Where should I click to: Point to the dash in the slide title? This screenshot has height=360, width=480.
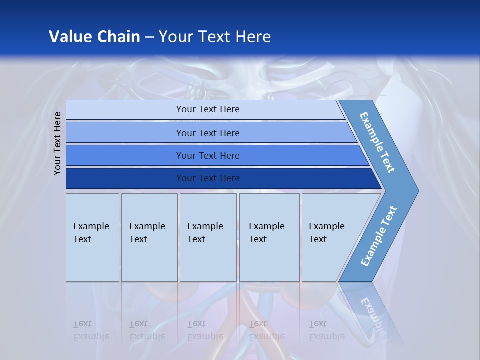coord(149,37)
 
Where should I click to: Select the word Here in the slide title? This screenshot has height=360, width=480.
coord(253,37)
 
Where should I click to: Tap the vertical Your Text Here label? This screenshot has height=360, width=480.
coord(57,143)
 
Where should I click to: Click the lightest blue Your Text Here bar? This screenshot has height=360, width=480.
coord(207,109)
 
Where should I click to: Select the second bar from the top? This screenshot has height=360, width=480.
coord(207,133)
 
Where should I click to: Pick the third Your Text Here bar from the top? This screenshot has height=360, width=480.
coord(207,155)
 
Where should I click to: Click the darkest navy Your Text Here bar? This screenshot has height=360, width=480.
coord(207,178)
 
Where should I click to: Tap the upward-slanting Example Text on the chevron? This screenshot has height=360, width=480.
coord(378,236)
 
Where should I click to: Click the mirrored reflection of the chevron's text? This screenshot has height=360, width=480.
coord(372,315)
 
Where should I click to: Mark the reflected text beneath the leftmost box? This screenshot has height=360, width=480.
coord(91,330)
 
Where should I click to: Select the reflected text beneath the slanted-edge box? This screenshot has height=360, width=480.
coord(327,330)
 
